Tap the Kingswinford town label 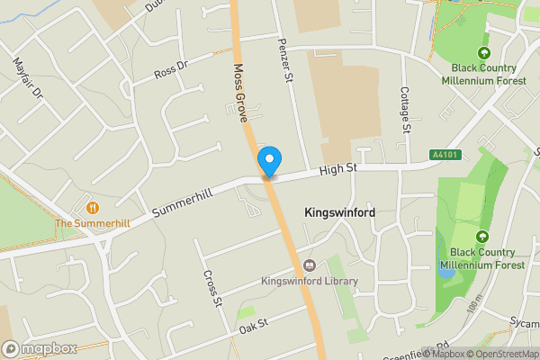[340, 212]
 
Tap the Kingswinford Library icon [310, 265]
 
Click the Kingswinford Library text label [310, 282]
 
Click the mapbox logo [40, 348]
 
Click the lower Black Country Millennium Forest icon [481, 237]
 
